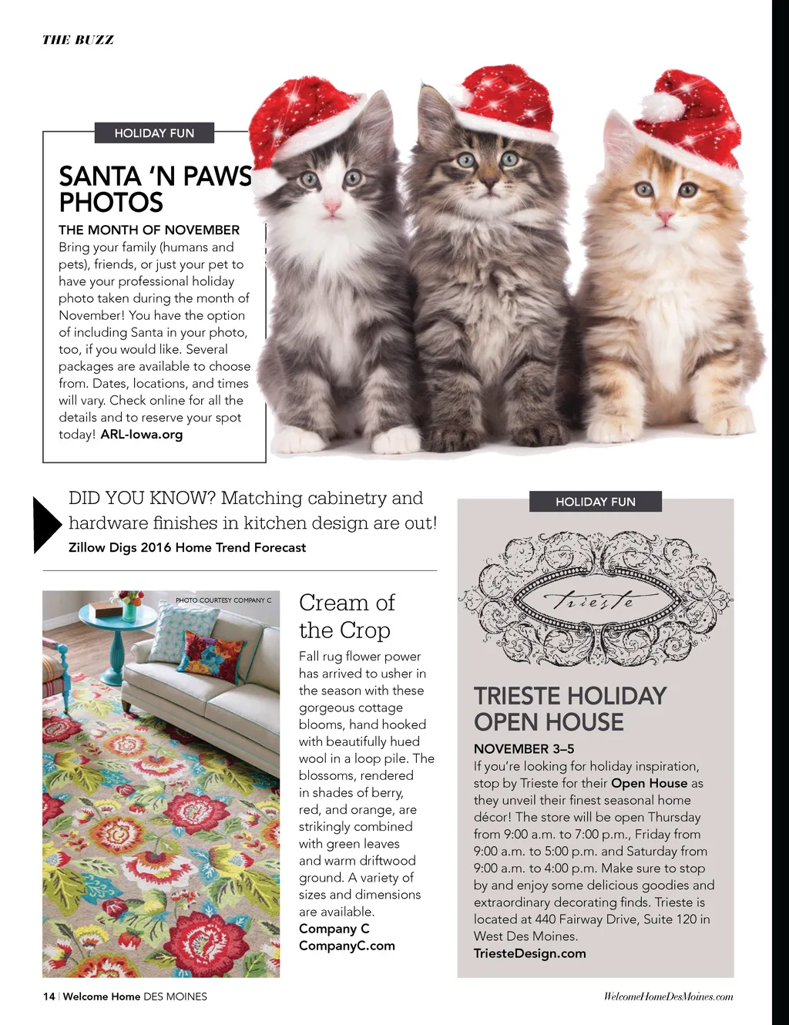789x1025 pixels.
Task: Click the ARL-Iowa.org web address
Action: pos(142,435)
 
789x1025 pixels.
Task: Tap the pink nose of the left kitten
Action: pos(332,207)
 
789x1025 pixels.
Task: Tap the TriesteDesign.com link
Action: pos(530,953)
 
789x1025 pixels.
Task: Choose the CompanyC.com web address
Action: pos(347,946)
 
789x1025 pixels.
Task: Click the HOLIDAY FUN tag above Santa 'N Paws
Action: pos(154,133)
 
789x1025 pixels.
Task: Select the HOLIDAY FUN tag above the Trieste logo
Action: pos(596,502)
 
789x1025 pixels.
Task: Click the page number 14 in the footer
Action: pos(49,996)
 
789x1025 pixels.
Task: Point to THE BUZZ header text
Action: pos(78,40)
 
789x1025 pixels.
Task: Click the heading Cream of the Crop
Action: pos(347,616)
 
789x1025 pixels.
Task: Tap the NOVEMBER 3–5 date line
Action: pos(524,749)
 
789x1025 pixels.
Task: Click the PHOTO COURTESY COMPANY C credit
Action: pos(223,600)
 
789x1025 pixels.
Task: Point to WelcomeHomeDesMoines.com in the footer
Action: pos(668,996)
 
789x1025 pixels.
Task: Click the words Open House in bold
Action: pos(649,783)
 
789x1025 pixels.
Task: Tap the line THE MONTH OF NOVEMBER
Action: pos(149,230)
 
